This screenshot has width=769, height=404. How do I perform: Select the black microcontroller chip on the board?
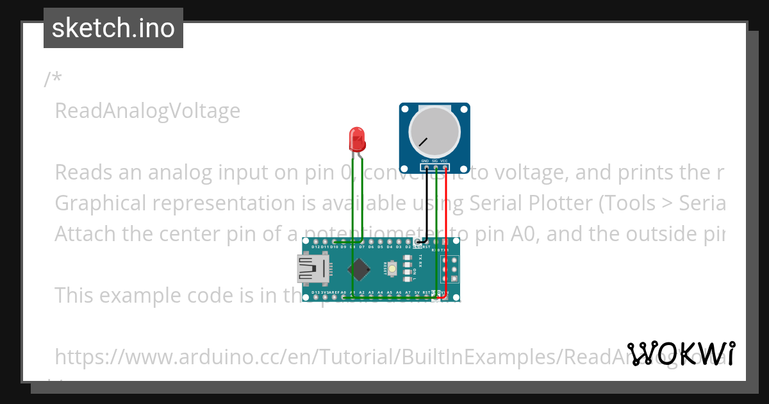(361, 269)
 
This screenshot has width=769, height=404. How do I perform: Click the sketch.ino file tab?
(113, 28)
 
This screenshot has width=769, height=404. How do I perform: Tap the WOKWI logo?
(681, 353)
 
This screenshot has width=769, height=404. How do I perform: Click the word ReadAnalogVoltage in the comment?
(147, 111)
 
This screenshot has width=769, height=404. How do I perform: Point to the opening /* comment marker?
(53, 80)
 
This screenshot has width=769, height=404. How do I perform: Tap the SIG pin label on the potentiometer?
(434, 160)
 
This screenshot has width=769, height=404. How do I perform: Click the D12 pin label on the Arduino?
(315, 247)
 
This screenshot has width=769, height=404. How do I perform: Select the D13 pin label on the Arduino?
(315, 292)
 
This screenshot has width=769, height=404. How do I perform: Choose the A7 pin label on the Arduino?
(408, 292)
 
